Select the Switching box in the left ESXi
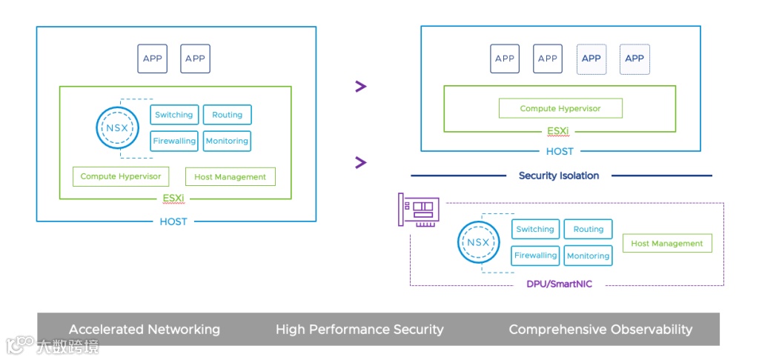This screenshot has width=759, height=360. [174, 115]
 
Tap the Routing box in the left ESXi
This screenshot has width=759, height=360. [227, 115]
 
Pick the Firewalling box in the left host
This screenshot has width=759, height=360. [174, 141]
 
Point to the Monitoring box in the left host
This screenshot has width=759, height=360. [227, 141]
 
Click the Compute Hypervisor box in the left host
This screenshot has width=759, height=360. [121, 176]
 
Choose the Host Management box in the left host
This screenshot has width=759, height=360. [230, 177]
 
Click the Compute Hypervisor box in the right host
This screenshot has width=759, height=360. [560, 109]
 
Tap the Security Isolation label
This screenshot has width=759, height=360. [559, 176]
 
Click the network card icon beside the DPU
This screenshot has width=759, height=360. [419, 211]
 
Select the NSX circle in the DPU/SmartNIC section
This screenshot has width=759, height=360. [478, 242]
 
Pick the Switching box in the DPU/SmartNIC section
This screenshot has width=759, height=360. [535, 230]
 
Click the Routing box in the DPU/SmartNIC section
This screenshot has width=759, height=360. [589, 230]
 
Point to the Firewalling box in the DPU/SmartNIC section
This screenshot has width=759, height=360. [535, 256]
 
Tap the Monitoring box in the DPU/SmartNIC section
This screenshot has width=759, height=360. [589, 256]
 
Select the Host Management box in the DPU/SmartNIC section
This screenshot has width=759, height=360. [667, 243]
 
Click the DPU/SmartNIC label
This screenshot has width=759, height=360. [559, 284]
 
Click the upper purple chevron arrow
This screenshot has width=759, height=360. [361, 87]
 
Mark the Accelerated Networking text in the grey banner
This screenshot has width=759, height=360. [145, 329]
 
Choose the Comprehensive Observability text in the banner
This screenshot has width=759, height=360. [600, 329]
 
